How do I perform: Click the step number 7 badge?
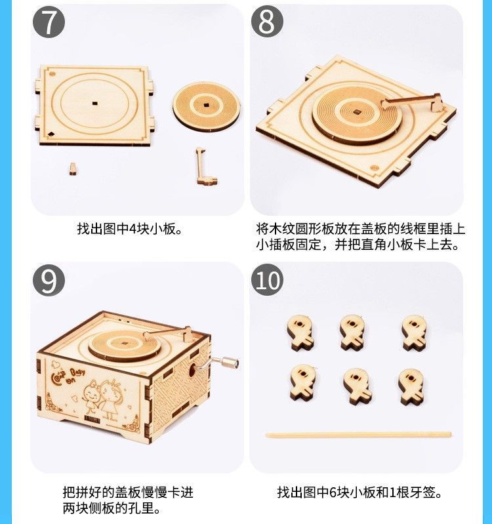point(49,22)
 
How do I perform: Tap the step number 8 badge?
point(267,22)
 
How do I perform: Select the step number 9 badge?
point(49,280)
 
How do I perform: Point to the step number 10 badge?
point(267,280)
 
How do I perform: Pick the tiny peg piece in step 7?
point(73,169)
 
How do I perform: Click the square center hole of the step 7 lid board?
point(95,103)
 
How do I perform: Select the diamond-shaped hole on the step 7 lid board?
point(51,134)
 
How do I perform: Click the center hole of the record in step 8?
point(358,112)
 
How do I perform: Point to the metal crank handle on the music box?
point(219,363)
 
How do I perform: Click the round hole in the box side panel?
point(193,371)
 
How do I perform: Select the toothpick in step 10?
point(358,435)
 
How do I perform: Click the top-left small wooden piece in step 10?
point(300,333)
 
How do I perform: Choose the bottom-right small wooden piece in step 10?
point(411,387)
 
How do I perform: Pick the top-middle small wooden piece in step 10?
point(352,333)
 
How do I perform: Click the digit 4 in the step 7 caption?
point(133,230)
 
